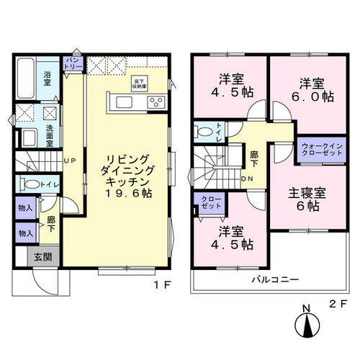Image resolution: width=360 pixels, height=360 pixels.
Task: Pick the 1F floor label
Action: tap(161, 284)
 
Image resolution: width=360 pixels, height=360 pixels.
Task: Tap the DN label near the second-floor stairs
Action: tap(246, 179)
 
